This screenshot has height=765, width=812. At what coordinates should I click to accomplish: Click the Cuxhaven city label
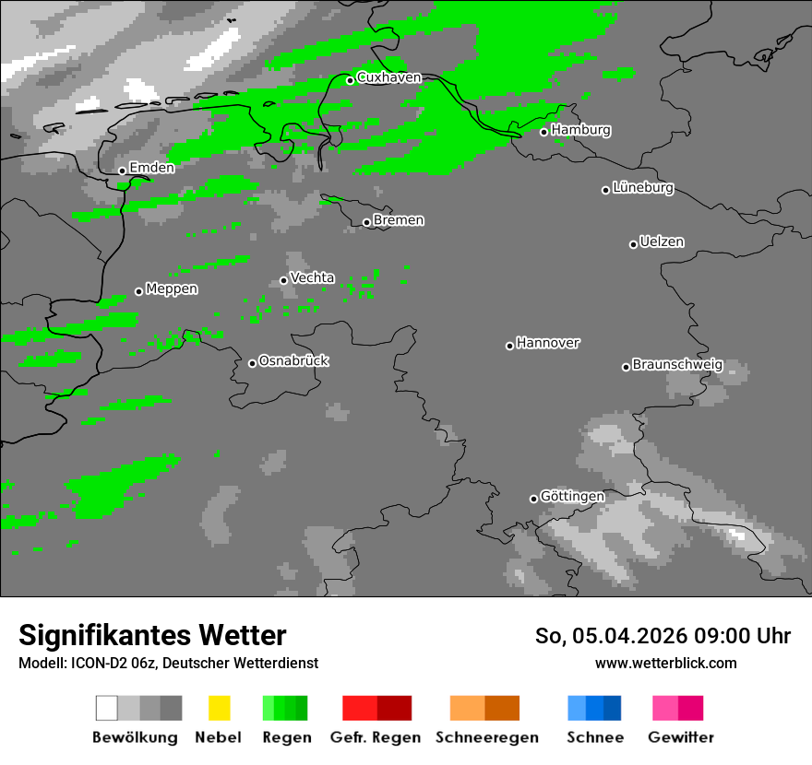(388, 77)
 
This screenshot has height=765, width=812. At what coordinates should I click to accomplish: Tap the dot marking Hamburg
(544, 132)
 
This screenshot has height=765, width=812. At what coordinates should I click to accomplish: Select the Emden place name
(152, 168)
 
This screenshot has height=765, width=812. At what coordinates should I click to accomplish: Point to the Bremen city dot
(366, 222)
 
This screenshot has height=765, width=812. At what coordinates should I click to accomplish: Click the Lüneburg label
(643, 187)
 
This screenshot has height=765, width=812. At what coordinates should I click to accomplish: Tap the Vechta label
(313, 277)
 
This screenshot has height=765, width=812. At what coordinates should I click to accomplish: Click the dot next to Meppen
(139, 291)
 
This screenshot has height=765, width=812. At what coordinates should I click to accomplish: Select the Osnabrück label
(293, 360)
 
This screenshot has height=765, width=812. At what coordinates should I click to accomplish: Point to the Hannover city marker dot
(509, 346)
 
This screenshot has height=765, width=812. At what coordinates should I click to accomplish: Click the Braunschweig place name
(677, 364)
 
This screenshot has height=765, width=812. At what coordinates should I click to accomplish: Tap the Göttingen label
(572, 496)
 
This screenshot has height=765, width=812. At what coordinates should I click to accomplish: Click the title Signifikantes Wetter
(152, 635)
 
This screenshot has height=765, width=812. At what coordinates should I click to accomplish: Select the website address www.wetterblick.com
(665, 663)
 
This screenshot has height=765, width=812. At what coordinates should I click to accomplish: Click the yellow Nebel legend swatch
(219, 708)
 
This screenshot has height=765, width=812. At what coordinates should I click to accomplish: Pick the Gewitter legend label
(681, 737)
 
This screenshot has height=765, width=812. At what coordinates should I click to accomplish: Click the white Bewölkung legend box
(107, 708)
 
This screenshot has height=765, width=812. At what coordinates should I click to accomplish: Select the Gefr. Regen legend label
(376, 737)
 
